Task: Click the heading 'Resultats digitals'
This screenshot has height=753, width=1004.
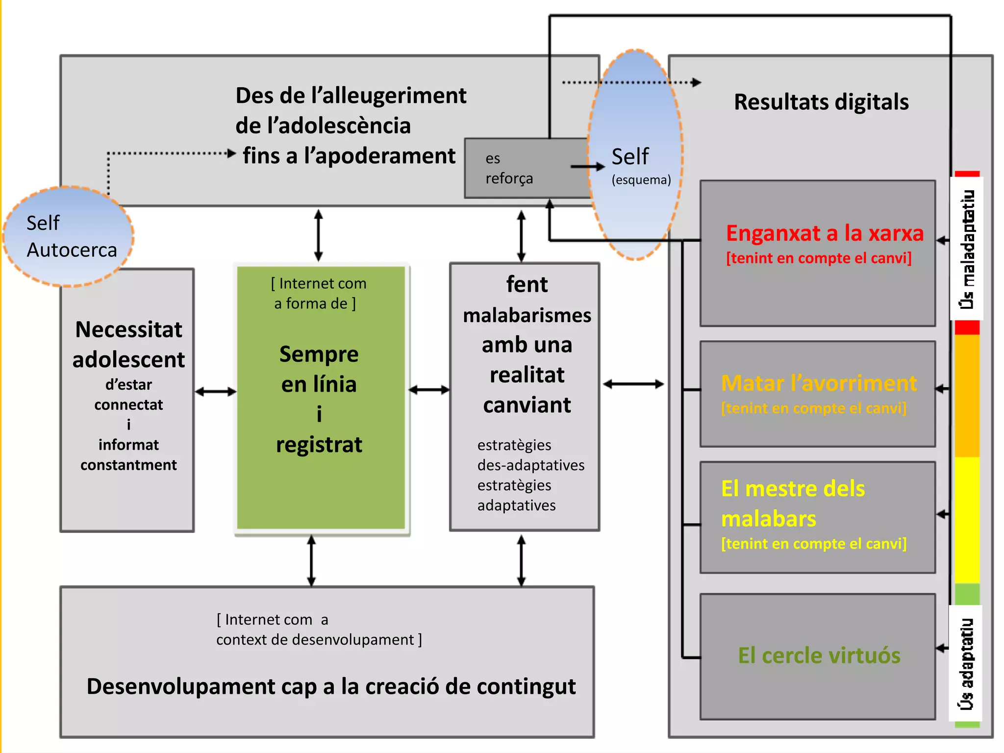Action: (821, 102)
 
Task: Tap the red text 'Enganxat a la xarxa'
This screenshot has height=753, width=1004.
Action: (824, 233)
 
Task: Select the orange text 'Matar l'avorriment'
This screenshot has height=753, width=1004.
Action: (818, 383)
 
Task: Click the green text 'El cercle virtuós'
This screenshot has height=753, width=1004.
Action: (819, 655)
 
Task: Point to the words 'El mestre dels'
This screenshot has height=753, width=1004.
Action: (793, 489)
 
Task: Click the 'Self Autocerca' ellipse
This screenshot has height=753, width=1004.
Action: (69, 236)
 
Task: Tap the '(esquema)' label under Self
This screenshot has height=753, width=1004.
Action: (641, 180)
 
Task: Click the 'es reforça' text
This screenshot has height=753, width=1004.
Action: (508, 169)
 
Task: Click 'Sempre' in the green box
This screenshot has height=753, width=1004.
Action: (319, 354)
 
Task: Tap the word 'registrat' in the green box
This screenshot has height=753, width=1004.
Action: (319, 445)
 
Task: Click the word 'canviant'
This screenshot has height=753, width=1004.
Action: (527, 405)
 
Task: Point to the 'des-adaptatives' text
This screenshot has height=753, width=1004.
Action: (530, 465)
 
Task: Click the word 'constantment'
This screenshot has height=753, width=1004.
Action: (128, 465)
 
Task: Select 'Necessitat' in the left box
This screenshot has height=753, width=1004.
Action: (128, 329)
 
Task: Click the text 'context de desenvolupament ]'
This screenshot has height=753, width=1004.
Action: (319, 640)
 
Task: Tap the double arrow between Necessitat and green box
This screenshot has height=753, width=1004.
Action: (215, 391)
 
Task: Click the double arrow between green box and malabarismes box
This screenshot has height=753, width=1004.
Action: (429, 390)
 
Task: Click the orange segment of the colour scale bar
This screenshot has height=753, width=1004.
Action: (967, 396)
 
